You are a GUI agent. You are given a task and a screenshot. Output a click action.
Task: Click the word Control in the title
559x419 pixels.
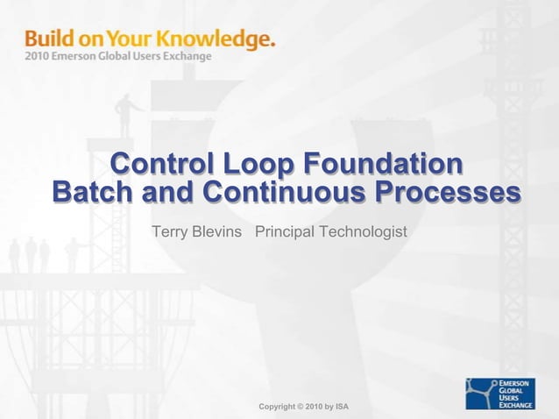point(159,165)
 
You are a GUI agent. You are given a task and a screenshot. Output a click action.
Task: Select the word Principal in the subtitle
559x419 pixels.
point(285,232)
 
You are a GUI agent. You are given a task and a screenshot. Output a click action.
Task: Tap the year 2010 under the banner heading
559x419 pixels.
point(37,57)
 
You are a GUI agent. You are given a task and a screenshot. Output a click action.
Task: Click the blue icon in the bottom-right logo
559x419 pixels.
point(481,394)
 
